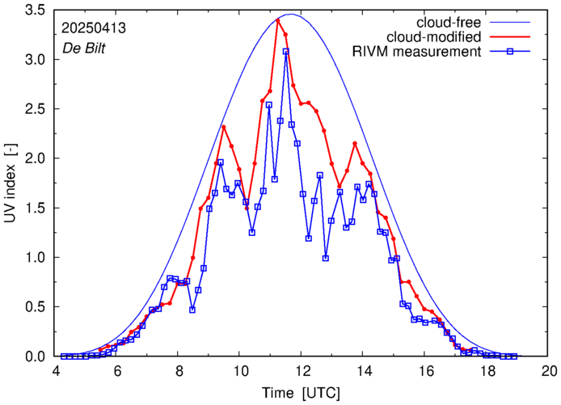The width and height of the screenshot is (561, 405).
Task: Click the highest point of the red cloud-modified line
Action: click(x=278, y=20)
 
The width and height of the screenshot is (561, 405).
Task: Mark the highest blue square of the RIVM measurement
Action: click(x=285, y=51)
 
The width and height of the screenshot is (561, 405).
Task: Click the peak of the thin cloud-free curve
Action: click(x=291, y=15)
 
